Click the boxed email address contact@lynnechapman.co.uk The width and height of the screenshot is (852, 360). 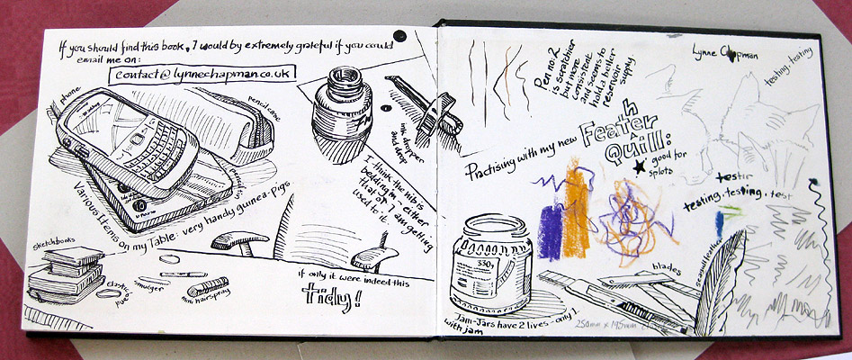200,74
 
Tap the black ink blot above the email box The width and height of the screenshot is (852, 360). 401,37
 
